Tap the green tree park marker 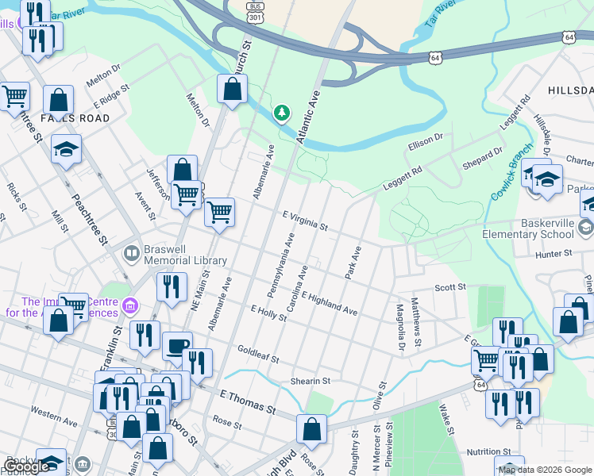tap(281, 114)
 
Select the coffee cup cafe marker tap(176, 345)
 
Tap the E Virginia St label tap(305, 221)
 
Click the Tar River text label tap(441, 15)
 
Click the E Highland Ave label tap(329, 304)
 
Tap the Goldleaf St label tap(258, 354)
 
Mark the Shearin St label tap(309, 382)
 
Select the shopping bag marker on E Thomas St tap(312, 428)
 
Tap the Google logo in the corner tap(26, 467)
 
